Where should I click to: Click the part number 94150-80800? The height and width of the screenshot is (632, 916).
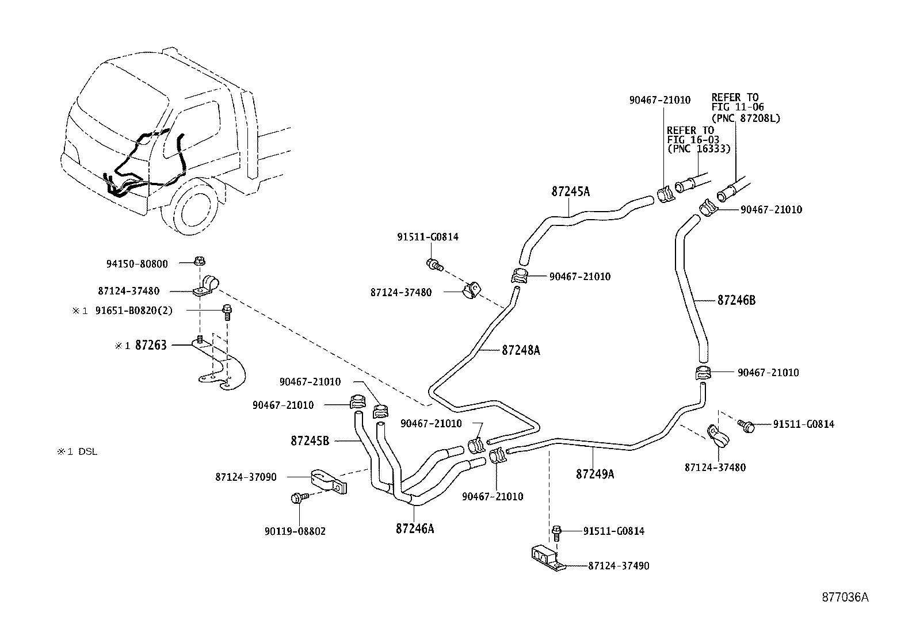coord(137,264)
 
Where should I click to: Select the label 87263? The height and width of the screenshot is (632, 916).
coord(151,345)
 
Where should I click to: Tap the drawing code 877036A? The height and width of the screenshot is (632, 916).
coord(844,597)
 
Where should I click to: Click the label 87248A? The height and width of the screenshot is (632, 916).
coord(521,350)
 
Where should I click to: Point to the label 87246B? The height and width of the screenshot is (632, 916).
coord(736,300)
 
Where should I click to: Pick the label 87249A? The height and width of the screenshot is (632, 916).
coord(595,474)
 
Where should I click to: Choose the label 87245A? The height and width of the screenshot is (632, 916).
coord(571,191)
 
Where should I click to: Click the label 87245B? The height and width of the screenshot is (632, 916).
coord(310,441)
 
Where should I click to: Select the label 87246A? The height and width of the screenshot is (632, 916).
coord(414,528)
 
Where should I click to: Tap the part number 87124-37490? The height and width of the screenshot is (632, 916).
coord(619,566)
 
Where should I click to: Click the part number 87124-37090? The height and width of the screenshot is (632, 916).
coord(246,477)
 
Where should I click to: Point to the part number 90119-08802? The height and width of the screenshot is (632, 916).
coord(295,531)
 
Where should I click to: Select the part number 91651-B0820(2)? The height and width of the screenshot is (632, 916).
coord(133,311)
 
